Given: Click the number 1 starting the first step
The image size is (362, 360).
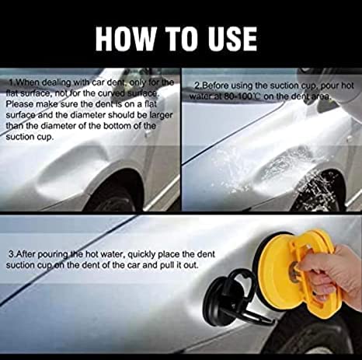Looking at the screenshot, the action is point(11,82).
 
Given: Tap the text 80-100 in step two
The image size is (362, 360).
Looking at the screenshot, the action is point(237,96).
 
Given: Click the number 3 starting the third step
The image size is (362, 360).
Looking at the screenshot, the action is point(11,254).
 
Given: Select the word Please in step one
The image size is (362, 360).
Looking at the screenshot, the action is point(19,104).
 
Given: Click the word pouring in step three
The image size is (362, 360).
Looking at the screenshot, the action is point(53,255).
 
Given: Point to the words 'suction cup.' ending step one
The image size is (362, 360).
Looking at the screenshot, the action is point(30,137).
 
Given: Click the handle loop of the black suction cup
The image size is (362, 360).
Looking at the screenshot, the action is point(242,279).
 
